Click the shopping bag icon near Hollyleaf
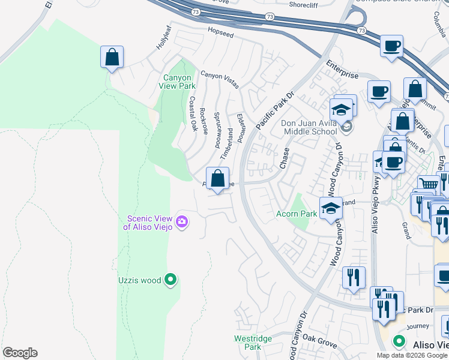pos(112,58)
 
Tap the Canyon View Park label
pos(178,82)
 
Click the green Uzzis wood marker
pos(171,280)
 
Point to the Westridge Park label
pos(253,343)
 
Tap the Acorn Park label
pos(296,214)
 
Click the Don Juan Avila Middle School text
pos(309,127)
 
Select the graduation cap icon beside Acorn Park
pos(331,208)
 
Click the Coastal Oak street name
pos(193,114)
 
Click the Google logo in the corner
pos(20,353)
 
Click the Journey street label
pos(418,326)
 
